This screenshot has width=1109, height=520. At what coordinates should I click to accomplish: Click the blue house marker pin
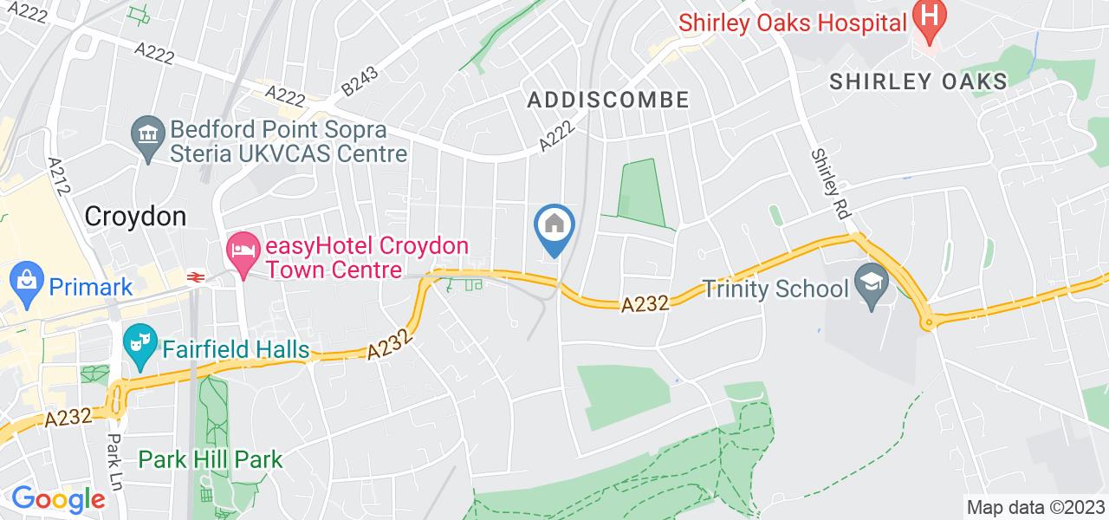tap(554, 226)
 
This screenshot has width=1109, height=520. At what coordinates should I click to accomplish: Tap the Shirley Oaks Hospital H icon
tap(931, 16)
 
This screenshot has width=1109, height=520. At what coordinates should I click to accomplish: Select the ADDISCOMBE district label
tap(608, 100)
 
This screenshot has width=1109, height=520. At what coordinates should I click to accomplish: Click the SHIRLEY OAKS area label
tap(918, 81)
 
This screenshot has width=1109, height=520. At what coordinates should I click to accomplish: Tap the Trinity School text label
tap(773, 287)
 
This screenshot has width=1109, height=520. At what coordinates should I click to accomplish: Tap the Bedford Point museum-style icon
tap(148, 133)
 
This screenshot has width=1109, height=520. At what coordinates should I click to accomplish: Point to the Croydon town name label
tap(135, 216)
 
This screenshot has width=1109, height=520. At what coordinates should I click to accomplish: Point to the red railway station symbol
tap(196, 276)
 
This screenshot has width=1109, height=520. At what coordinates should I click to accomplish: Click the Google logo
tap(58, 499)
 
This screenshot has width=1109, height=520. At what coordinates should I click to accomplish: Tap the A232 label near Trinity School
tap(645, 304)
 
